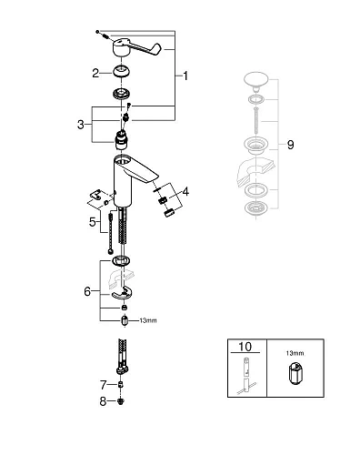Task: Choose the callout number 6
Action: (87, 291)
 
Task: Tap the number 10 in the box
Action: (245, 347)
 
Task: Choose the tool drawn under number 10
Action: (245, 376)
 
